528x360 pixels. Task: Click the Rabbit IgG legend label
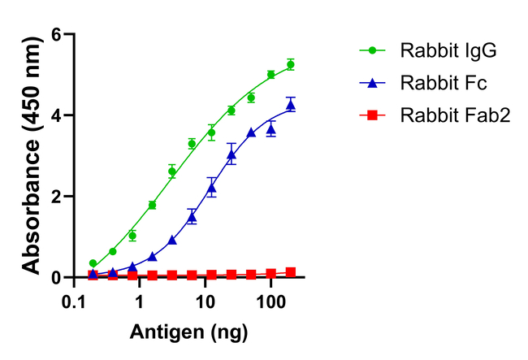click(x=448, y=50)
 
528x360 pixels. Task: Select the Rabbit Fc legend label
click(x=443, y=83)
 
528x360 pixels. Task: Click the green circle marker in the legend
click(x=373, y=50)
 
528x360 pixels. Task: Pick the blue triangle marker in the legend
click(x=373, y=83)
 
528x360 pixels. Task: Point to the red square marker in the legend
click(x=373, y=115)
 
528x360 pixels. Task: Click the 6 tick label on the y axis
click(x=56, y=35)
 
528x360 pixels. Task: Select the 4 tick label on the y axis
click(x=56, y=115)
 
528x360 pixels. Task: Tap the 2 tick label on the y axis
click(x=56, y=197)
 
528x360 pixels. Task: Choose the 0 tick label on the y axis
click(x=56, y=278)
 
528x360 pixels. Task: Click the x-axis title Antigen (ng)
click(x=188, y=332)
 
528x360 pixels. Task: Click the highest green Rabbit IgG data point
click(x=290, y=64)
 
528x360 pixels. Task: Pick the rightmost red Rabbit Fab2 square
click(x=290, y=272)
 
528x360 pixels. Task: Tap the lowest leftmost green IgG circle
click(x=93, y=263)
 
